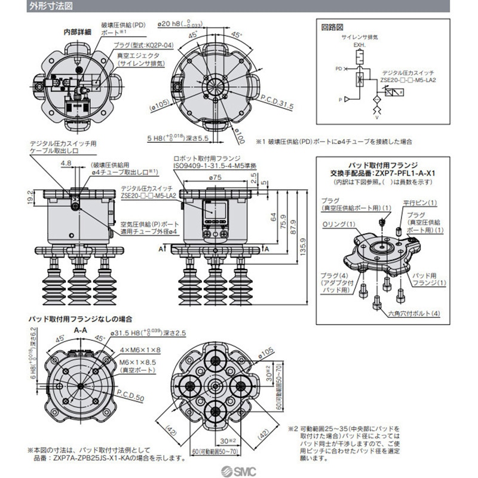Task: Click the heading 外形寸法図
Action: click(29, 8)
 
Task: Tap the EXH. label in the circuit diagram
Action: click(358, 44)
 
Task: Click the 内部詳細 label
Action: click(77, 32)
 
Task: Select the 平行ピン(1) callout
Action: click(420, 202)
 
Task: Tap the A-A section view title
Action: click(82, 329)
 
